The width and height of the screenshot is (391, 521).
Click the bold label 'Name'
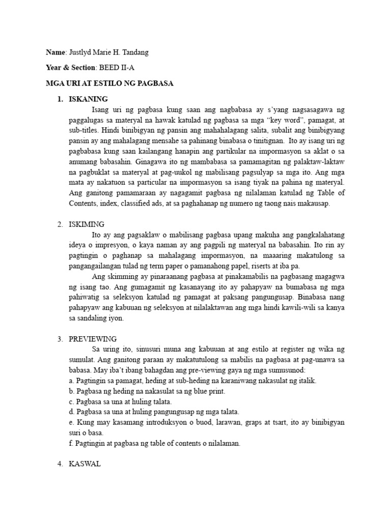[x=55, y=52]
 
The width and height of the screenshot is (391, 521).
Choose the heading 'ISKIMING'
[x=87, y=224]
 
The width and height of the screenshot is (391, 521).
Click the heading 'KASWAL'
[x=85, y=464]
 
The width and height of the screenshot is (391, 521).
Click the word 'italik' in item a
[x=306, y=381]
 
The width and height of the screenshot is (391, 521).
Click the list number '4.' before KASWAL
[x=60, y=464]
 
